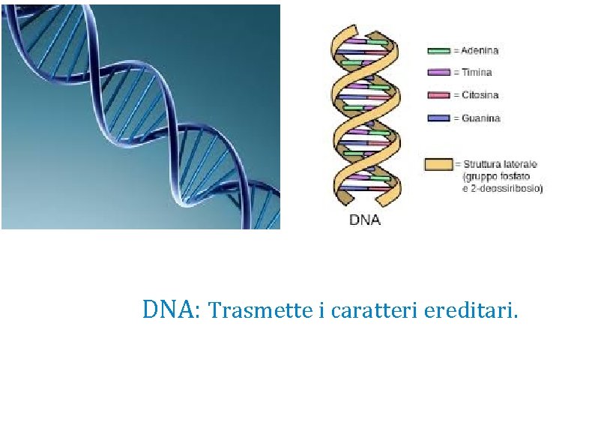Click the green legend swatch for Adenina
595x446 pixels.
tap(438, 51)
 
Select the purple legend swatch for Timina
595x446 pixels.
tap(438, 73)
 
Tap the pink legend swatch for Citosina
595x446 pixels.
tap(438, 95)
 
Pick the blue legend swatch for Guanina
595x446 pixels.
tap(438, 118)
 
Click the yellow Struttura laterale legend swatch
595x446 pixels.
tap(438, 164)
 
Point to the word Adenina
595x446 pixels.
tap(477, 51)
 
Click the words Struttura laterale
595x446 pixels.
tap(500, 164)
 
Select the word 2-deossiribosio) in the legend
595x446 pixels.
tap(507, 188)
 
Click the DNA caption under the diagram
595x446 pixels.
tap(365, 220)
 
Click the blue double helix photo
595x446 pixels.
tap(140, 116)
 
